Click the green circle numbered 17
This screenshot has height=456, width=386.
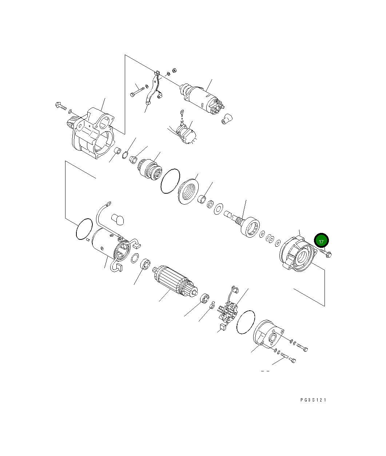tap(322, 241)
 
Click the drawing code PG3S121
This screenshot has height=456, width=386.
tap(313, 400)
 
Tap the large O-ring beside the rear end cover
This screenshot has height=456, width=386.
tap(245, 322)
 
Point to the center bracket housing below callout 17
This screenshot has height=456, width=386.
tap(297, 254)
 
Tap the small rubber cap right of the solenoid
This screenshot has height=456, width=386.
tap(227, 119)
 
